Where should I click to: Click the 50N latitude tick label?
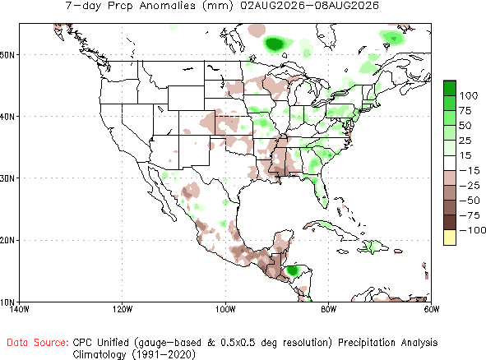[7, 55]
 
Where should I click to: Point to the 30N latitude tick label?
[7, 178]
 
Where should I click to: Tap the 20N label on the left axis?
[7, 241]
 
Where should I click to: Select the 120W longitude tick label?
[123, 309]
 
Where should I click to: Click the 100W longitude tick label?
[226, 309]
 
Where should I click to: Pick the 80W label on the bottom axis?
[329, 309]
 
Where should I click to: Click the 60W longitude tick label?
[432, 309]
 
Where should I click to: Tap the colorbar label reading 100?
[469, 95]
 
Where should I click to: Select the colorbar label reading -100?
[473, 230]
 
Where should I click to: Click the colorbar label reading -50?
[470, 201]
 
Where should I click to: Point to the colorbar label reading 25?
[465, 141]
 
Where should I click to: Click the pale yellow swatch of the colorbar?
[450, 238]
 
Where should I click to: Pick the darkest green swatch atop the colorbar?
[450, 88]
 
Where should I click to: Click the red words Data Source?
[38, 343]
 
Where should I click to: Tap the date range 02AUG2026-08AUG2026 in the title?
[310, 6]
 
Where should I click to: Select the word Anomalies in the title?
[168, 6]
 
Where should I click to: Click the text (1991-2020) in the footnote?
[164, 353]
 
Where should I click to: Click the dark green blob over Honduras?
[292, 270]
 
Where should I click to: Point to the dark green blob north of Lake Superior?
[275, 44]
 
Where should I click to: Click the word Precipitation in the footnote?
[367, 343]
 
